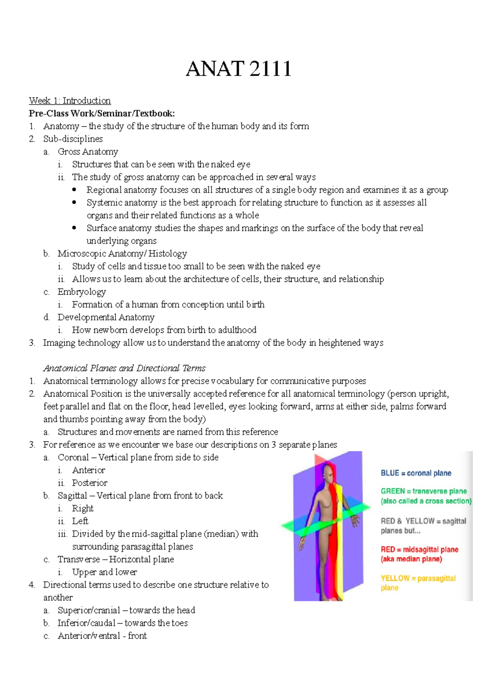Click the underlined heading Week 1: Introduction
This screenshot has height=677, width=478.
click(70, 100)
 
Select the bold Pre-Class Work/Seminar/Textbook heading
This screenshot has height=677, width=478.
click(102, 113)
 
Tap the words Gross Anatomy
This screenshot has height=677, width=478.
click(88, 152)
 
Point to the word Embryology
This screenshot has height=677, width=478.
click(82, 292)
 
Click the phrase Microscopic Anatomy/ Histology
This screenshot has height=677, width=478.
click(122, 254)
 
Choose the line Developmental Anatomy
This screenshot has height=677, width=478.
click(106, 317)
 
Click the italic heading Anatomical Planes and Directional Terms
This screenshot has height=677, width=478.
click(124, 368)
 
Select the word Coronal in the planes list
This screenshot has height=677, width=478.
click(73, 457)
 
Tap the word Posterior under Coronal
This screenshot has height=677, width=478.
click(90, 483)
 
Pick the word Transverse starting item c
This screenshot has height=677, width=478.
click(78, 559)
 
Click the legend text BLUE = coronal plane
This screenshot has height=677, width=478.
click(416, 473)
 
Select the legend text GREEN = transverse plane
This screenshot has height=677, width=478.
click(423, 491)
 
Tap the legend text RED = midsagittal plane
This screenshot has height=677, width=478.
click(419, 549)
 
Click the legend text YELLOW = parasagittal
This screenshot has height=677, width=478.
click(418, 578)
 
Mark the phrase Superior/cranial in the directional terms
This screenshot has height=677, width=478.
click(89, 610)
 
